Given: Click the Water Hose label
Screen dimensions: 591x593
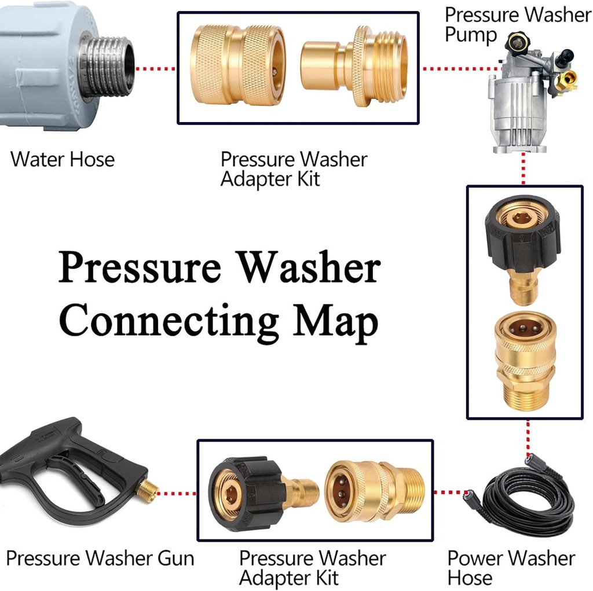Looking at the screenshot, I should coord(63,159).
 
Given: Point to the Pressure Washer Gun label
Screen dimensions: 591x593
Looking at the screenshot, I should coord(100,559).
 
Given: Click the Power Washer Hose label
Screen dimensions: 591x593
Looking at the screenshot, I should coord(511,568).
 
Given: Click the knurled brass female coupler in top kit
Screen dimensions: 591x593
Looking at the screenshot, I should coord(237,67).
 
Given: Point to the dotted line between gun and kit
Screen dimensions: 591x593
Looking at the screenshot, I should coord(177,494).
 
